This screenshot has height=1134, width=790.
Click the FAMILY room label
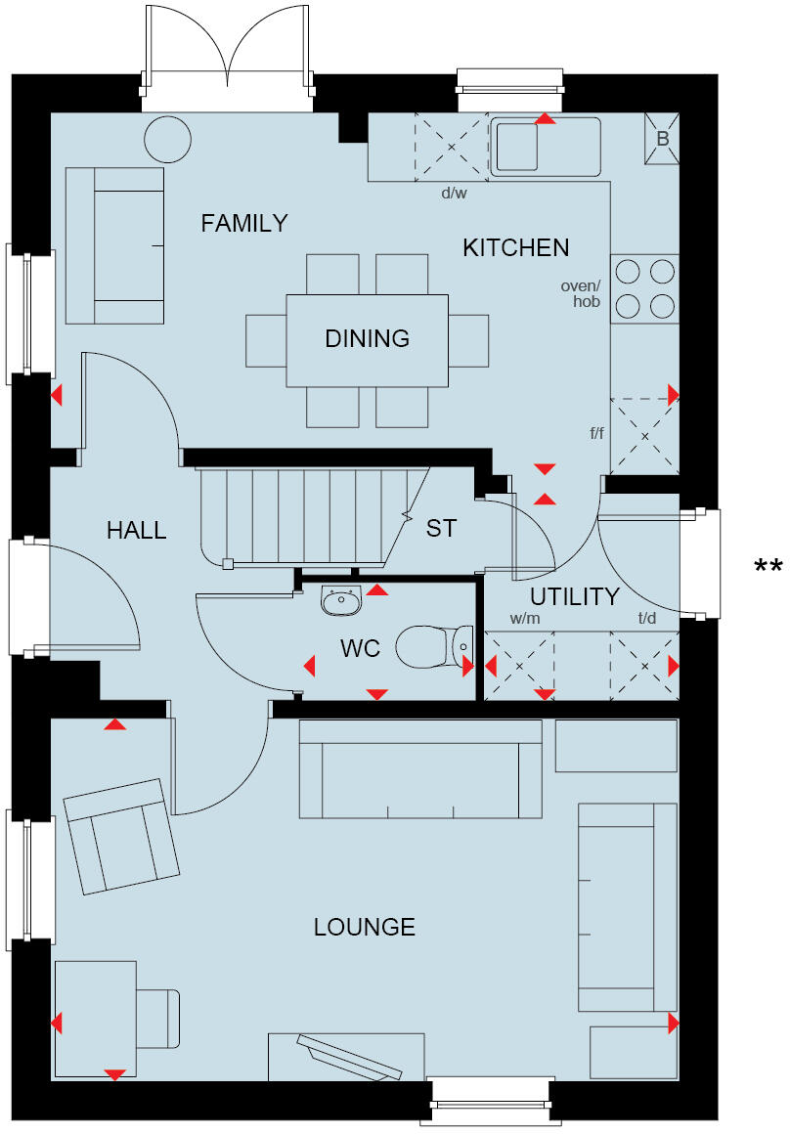tap(244, 224)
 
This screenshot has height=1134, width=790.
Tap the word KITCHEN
tap(515, 248)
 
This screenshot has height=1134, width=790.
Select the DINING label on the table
tap(367, 339)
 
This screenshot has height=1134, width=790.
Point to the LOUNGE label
tap(364, 927)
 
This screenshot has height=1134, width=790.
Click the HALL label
tap(136, 531)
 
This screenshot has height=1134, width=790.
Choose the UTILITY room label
tap(575, 596)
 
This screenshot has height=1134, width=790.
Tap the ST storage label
tap(441, 529)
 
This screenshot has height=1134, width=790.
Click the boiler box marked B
tap(662, 139)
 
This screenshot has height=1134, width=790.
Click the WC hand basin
tap(341, 599)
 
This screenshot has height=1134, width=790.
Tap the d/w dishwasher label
tap(454, 194)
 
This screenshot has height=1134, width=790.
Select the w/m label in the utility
tap(524, 619)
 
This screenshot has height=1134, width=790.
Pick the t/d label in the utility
tap(647, 619)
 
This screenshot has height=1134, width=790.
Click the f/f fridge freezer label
tap(596, 432)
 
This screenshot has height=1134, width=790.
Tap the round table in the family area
tap(168, 140)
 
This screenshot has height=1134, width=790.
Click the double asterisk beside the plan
tap(768, 567)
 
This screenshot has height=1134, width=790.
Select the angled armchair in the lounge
tap(121, 836)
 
